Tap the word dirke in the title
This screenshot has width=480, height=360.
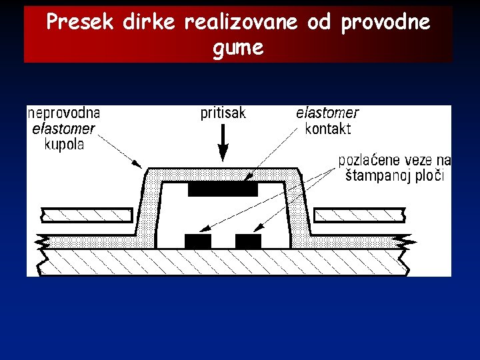click(x=148, y=23)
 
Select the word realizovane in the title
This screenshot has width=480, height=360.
click(x=241, y=23)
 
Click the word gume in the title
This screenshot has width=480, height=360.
click(x=239, y=48)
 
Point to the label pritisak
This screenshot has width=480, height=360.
click(x=223, y=113)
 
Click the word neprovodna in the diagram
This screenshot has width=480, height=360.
click(x=64, y=113)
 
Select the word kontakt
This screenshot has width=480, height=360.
click(x=327, y=129)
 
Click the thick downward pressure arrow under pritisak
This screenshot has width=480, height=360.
click(x=223, y=143)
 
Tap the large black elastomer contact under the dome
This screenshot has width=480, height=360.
click(x=223, y=189)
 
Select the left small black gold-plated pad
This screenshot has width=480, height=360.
click(x=197, y=241)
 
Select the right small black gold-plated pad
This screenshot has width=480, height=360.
click(x=248, y=241)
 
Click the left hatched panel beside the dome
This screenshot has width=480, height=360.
click(x=86, y=215)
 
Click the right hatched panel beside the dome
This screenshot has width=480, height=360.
click(x=359, y=215)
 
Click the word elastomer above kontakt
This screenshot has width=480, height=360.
click(x=327, y=113)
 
